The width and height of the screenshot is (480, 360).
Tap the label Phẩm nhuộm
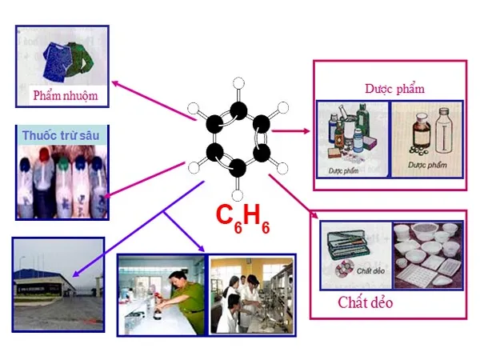point(65,96)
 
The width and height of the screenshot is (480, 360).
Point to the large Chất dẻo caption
point(366,303)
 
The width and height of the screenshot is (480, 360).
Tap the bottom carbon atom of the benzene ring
point(238,167)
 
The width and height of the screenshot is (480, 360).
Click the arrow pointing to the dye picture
point(152,100)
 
